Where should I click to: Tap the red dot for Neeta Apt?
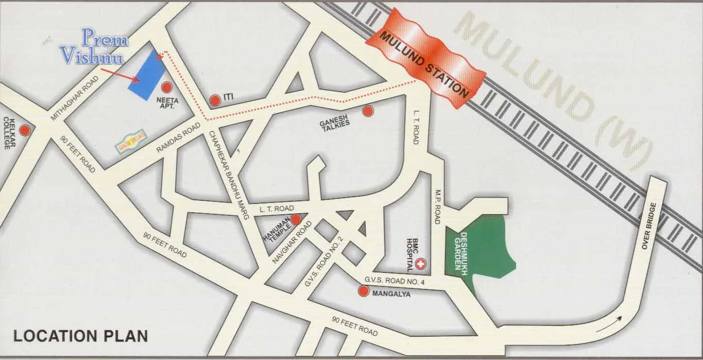[x=166, y=88]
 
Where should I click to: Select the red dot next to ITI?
[x=215, y=100]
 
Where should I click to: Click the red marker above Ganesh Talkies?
[x=367, y=111]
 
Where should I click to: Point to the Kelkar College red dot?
[x=24, y=130]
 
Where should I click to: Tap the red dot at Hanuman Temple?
[x=296, y=220]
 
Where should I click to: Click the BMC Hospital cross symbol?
[x=421, y=265]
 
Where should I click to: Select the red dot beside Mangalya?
[x=364, y=292]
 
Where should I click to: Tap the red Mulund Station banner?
[x=425, y=58]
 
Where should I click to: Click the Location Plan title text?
[x=80, y=336]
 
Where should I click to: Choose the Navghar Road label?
[x=293, y=243]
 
